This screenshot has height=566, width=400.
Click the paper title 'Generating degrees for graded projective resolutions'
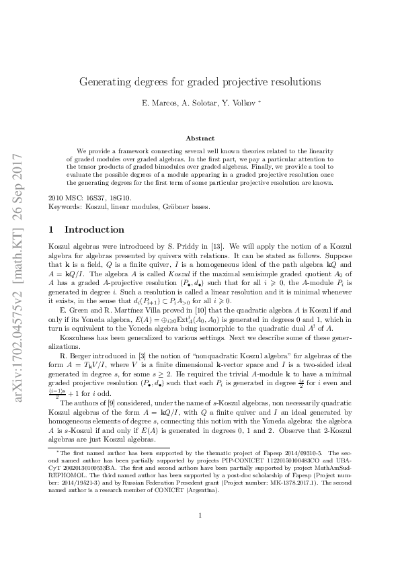coord(200,82)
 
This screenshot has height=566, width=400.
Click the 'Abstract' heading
coord(200,137)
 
